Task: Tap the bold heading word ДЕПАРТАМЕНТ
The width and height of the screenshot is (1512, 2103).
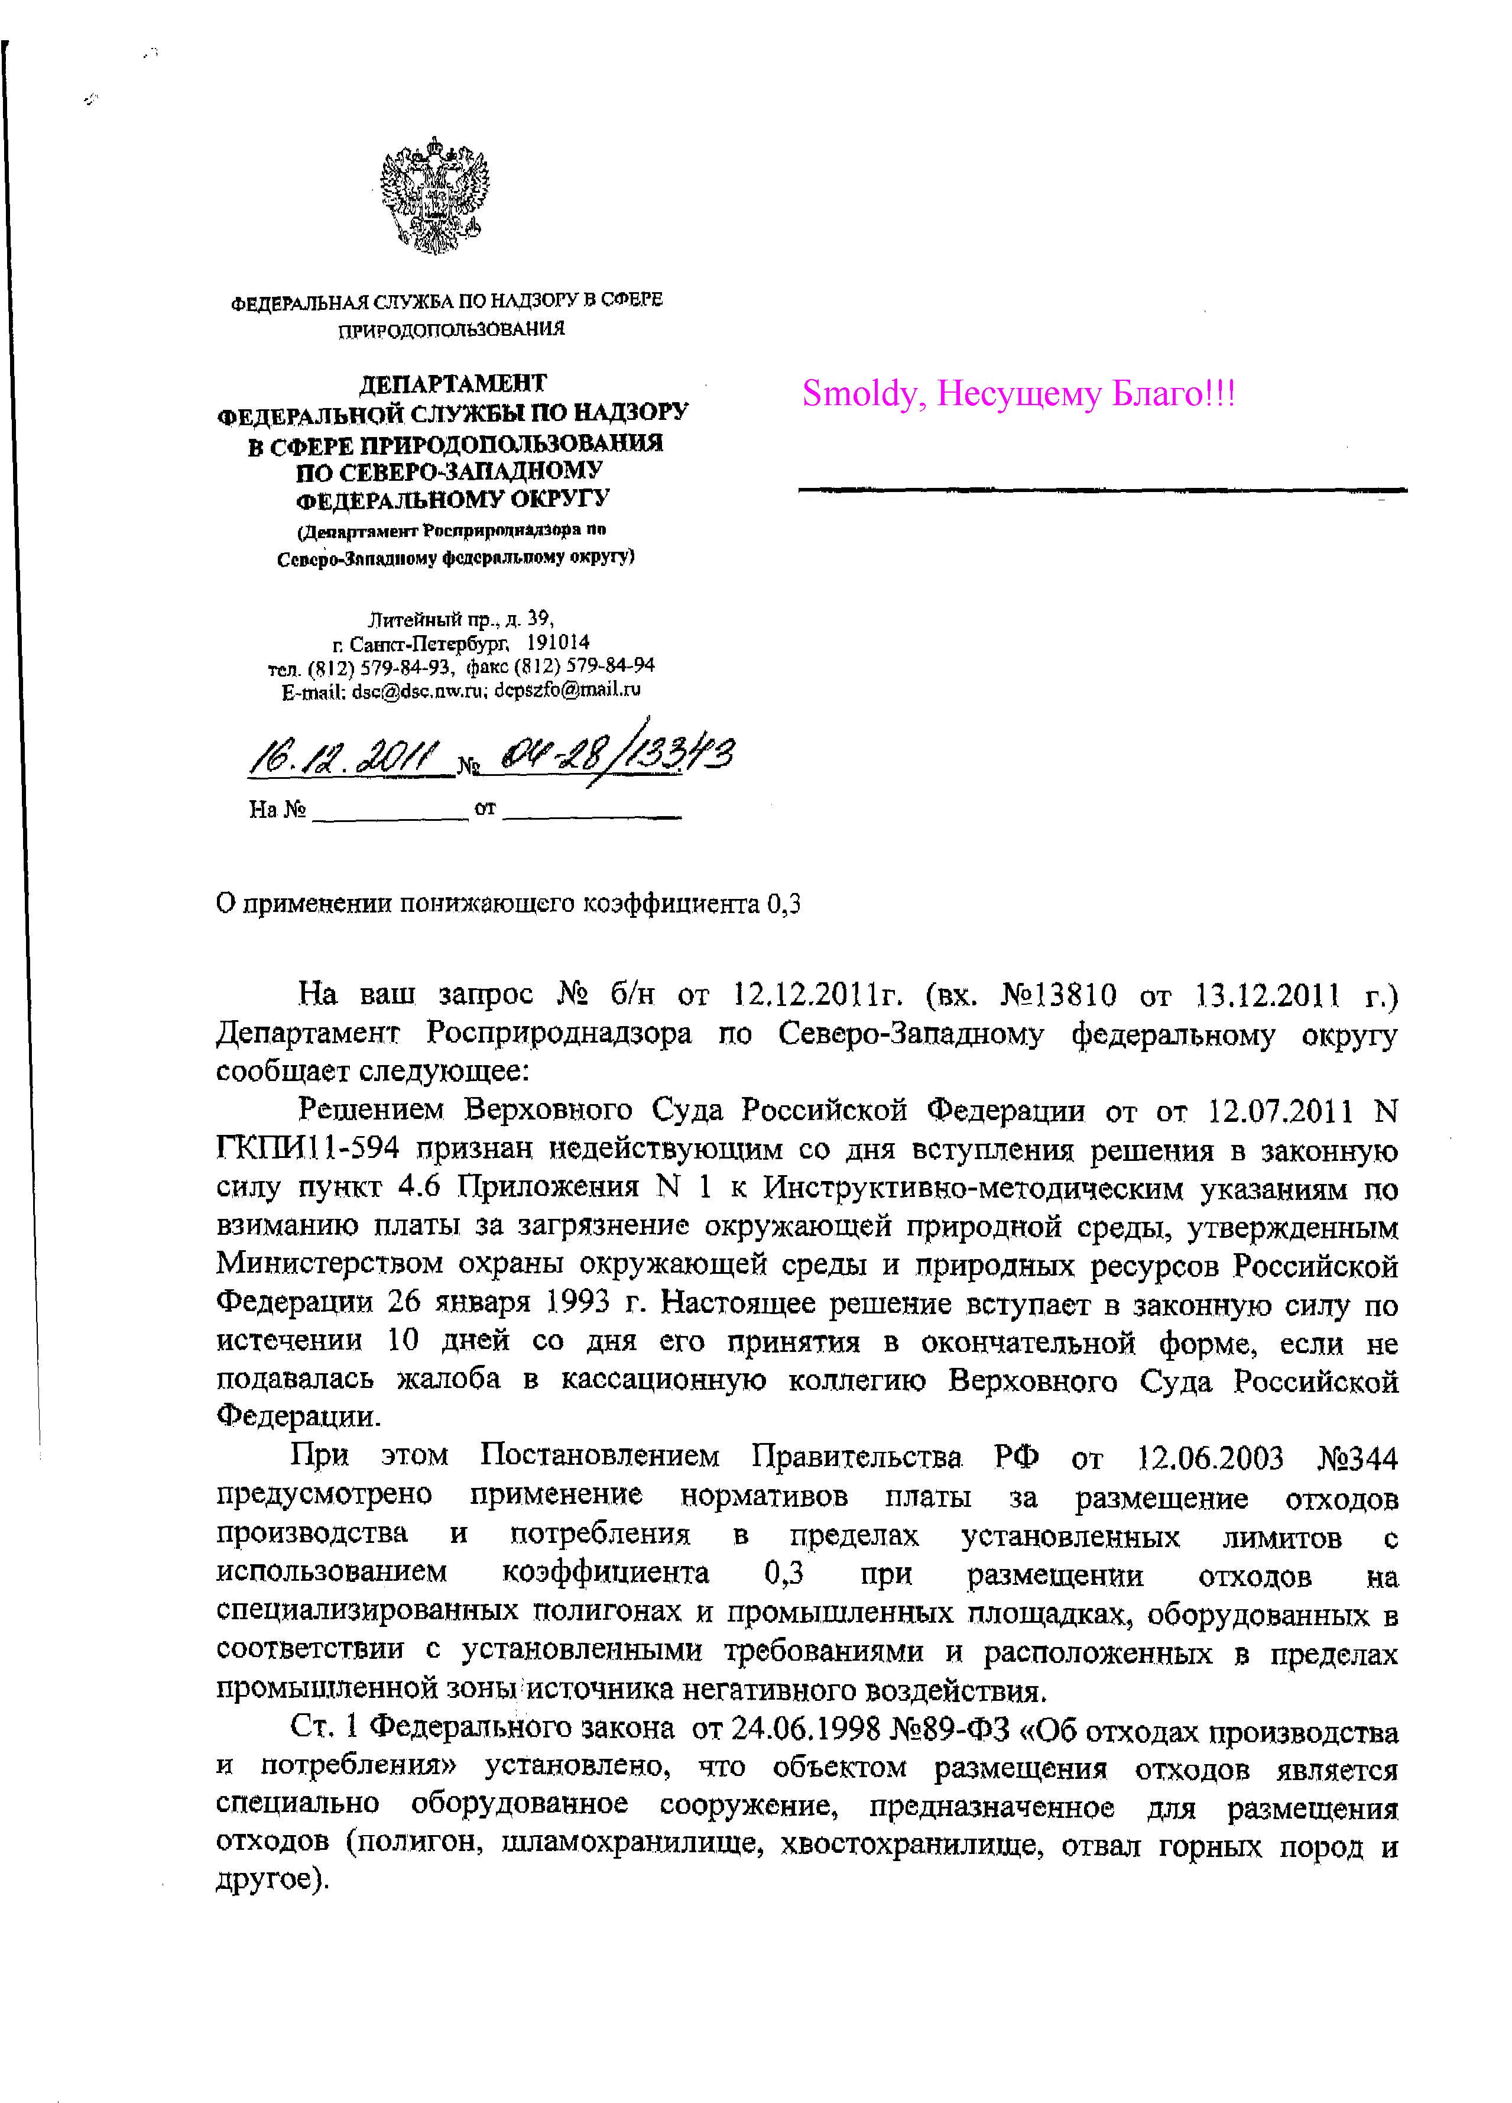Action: click(452, 383)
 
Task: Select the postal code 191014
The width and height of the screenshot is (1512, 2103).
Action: click(558, 642)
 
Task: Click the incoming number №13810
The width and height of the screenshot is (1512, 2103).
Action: click(1059, 996)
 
